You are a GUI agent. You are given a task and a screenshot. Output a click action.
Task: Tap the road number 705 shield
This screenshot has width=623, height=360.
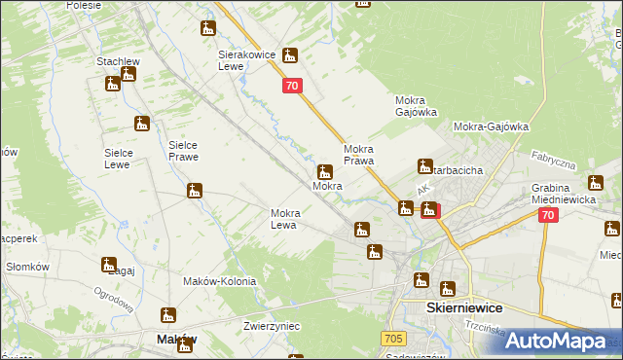(x=392, y=338)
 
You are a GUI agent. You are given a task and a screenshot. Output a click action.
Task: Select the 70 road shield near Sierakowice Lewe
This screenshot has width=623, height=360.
(x=293, y=87)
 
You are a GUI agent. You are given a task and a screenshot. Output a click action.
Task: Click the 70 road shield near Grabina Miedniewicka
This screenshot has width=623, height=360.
(x=548, y=216)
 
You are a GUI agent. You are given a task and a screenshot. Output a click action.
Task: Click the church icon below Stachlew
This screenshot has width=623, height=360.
(x=112, y=83)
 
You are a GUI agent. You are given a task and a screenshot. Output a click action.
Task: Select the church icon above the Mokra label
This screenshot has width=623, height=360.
(x=325, y=170)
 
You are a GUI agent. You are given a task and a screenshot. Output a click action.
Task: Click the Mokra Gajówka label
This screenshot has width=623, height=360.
(x=419, y=106)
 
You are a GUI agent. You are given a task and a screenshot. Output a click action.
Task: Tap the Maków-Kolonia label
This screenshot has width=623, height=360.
(x=220, y=281)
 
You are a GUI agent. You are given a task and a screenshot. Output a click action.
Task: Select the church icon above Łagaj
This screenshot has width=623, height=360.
(x=108, y=264)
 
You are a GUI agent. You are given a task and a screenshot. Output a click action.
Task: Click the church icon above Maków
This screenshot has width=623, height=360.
(x=168, y=315)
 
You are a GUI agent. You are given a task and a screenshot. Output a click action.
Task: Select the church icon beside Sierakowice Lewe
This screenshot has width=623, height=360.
(x=289, y=56)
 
